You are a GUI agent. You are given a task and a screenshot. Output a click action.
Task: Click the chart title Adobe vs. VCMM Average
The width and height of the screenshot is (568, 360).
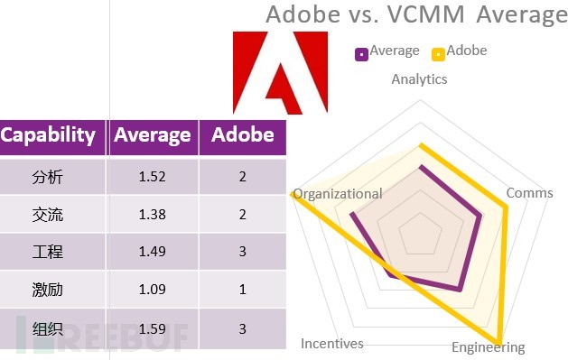pyautogui.click(x=416, y=15)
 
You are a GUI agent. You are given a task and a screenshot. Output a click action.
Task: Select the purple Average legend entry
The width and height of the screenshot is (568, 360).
pyautogui.click(x=387, y=51)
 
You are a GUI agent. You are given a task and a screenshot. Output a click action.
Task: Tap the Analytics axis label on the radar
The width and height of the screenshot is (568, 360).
pyautogui.click(x=419, y=79)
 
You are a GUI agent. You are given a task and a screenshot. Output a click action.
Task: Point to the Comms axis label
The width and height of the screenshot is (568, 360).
pyautogui.click(x=530, y=193)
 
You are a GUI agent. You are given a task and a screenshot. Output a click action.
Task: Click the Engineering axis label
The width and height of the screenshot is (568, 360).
pyautogui.click(x=488, y=347)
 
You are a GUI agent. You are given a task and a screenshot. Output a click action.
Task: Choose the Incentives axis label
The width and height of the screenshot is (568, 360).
pyautogui.click(x=331, y=343)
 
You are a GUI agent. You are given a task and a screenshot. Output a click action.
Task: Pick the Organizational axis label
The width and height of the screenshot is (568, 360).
pyautogui.click(x=338, y=193)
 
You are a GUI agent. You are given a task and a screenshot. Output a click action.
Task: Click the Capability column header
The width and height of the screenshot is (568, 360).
pyautogui.click(x=48, y=135)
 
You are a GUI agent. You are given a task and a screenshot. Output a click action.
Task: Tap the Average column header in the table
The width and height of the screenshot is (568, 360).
pyautogui.click(x=153, y=135)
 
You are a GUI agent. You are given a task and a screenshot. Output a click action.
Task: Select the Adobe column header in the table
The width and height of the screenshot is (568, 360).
pyautogui.click(x=242, y=135)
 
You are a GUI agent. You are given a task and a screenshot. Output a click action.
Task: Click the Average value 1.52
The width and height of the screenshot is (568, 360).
pyautogui.click(x=153, y=176)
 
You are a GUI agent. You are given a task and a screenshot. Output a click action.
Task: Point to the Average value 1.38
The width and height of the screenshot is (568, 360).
pyautogui.click(x=153, y=215)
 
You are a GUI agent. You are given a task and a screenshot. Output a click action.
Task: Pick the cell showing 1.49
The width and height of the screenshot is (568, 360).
pyautogui.click(x=153, y=252)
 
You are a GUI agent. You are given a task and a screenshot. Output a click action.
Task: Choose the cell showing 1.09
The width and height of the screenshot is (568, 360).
pyautogui.click(x=153, y=291)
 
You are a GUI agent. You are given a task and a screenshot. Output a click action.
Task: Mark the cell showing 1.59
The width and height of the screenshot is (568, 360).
pyautogui.click(x=153, y=328)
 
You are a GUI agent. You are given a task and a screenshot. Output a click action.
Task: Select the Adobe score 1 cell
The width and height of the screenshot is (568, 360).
pyautogui.click(x=242, y=291)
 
